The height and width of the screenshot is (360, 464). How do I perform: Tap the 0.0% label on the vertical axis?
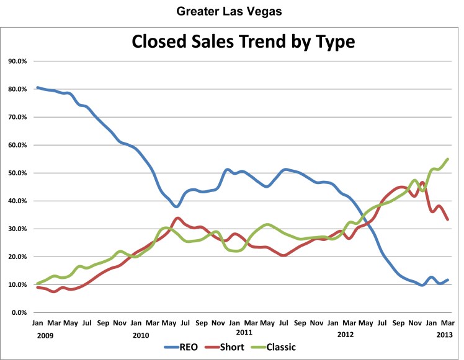click(x=19, y=312)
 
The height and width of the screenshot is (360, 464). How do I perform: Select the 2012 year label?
click(x=346, y=334)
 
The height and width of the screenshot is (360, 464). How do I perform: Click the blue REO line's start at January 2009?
click(x=38, y=88)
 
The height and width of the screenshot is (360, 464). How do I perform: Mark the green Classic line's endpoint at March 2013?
click(x=448, y=159)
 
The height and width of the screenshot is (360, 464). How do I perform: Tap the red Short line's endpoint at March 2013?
click(x=448, y=219)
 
